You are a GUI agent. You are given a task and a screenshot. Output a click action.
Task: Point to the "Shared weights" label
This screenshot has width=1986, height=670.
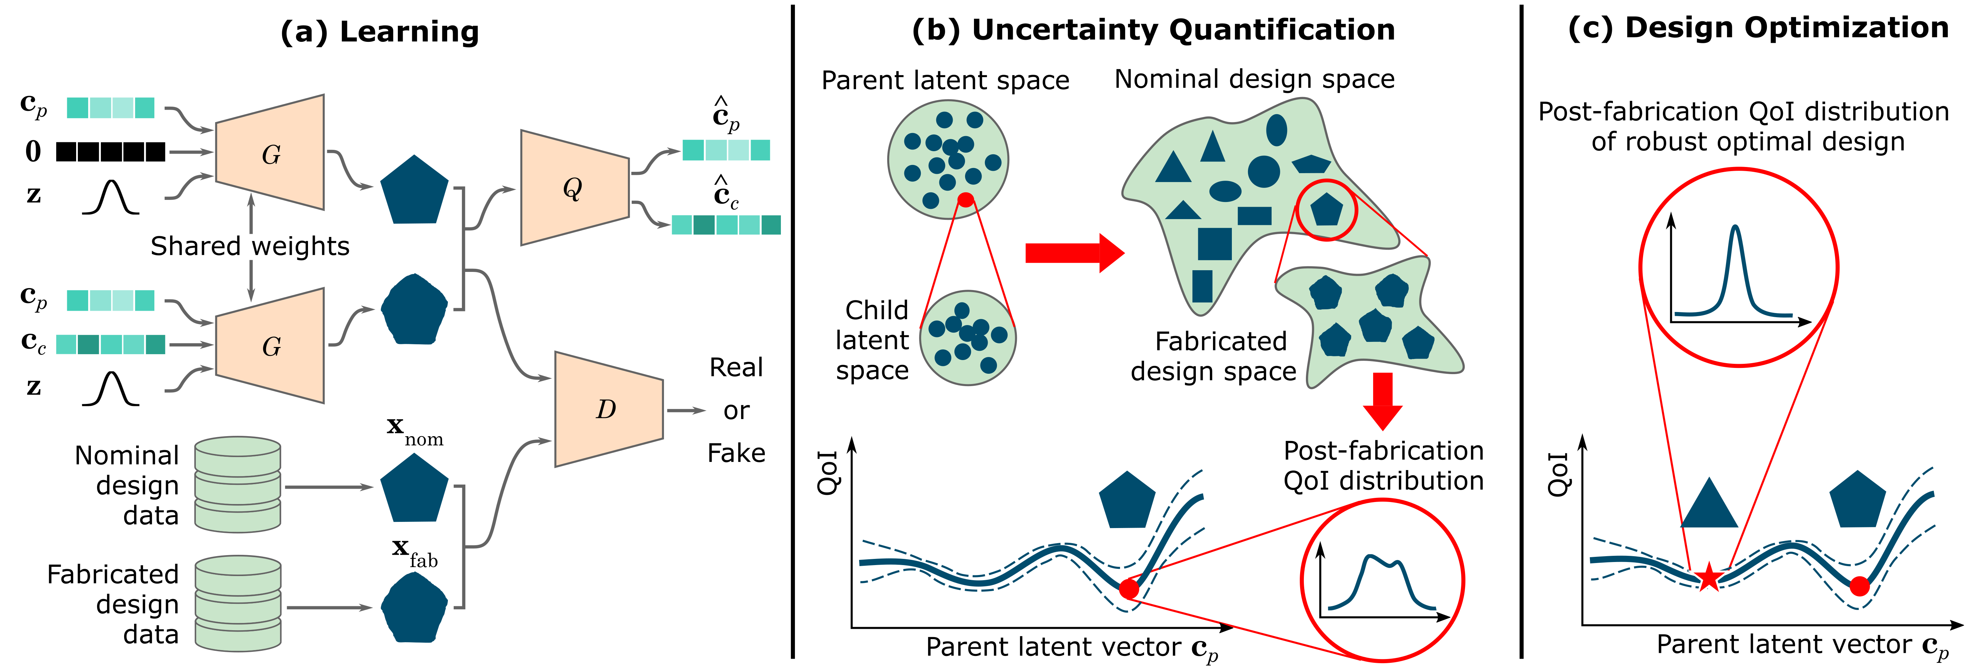[250, 246]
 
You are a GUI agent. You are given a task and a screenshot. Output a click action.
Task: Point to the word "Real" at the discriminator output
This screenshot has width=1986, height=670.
[736, 368]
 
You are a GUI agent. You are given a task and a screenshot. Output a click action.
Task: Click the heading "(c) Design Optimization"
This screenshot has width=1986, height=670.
[1758, 28]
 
